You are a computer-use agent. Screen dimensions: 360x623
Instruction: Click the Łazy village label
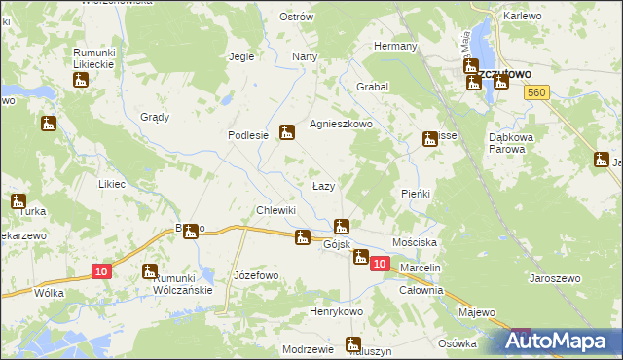click(x=323, y=186)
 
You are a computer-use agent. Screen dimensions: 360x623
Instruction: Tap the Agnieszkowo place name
click(x=341, y=125)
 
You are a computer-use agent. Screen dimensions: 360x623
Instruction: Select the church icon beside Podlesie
click(x=286, y=132)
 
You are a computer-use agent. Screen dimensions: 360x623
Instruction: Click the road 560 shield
click(x=533, y=91)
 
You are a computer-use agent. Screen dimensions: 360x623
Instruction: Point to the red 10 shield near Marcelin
click(x=380, y=264)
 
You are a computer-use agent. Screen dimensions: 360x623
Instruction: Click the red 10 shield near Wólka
click(x=101, y=272)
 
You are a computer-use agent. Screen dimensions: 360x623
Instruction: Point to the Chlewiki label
click(x=275, y=210)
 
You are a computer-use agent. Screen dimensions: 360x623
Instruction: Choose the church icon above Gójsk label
click(x=341, y=227)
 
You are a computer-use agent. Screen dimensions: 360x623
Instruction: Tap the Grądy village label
click(x=155, y=117)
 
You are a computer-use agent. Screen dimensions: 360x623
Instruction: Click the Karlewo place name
click(x=522, y=17)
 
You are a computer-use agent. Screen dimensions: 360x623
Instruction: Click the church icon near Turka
click(x=18, y=201)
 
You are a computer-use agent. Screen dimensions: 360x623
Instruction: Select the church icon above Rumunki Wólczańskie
click(x=149, y=271)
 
